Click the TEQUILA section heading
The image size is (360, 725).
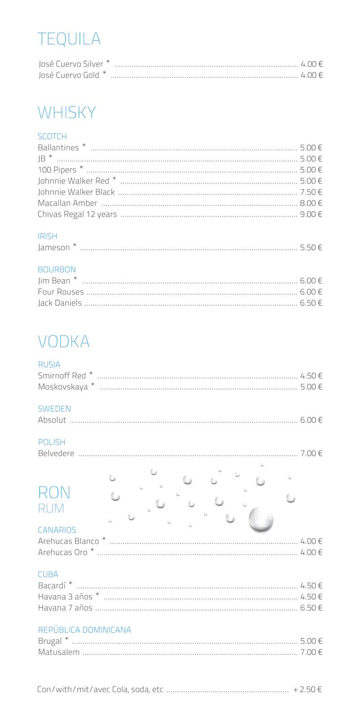pos(69,39)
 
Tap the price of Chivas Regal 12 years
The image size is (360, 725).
pos(311,214)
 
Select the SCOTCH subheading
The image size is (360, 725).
pos(52,136)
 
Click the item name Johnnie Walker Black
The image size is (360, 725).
pos(76,192)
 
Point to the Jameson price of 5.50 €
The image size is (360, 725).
pos(311,247)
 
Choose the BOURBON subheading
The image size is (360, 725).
pos(57,269)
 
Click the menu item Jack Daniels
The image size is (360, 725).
pos(60,303)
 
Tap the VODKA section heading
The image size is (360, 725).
pos(64,341)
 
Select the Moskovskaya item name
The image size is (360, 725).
pos(63,387)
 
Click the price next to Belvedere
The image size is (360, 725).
pos(311,453)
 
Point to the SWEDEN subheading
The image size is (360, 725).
pos(54,409)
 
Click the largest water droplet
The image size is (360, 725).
pos(261,520)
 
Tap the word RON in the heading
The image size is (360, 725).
pos(54,492)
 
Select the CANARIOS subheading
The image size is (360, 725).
pos(57,530)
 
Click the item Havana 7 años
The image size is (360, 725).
pos(65,608)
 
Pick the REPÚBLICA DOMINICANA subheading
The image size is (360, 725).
pos(84,630)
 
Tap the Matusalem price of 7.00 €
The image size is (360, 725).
pos(311,652)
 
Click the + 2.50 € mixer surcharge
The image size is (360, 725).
pos(307,690)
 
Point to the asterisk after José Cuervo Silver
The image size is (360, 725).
pos(108,62)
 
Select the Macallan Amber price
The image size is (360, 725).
pos(311,203)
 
